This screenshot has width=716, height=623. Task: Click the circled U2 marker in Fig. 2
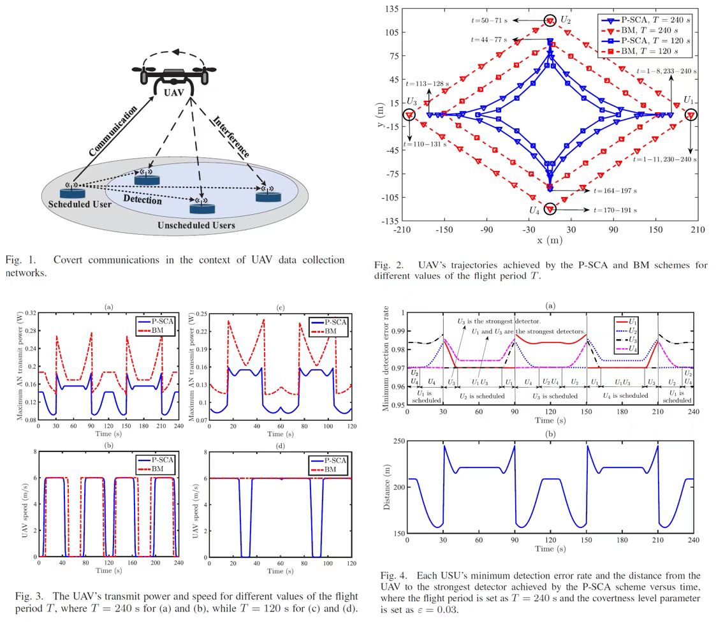(x=550, y=21)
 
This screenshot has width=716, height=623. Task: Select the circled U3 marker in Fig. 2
(x=409, y=115)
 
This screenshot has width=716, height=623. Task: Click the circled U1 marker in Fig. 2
(x=691, y=115)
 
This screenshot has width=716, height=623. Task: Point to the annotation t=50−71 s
(x=488, y=20)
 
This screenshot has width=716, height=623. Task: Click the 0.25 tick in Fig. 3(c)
(x=201, y=314)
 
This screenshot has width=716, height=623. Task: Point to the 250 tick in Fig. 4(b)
(x=397, y=442)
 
